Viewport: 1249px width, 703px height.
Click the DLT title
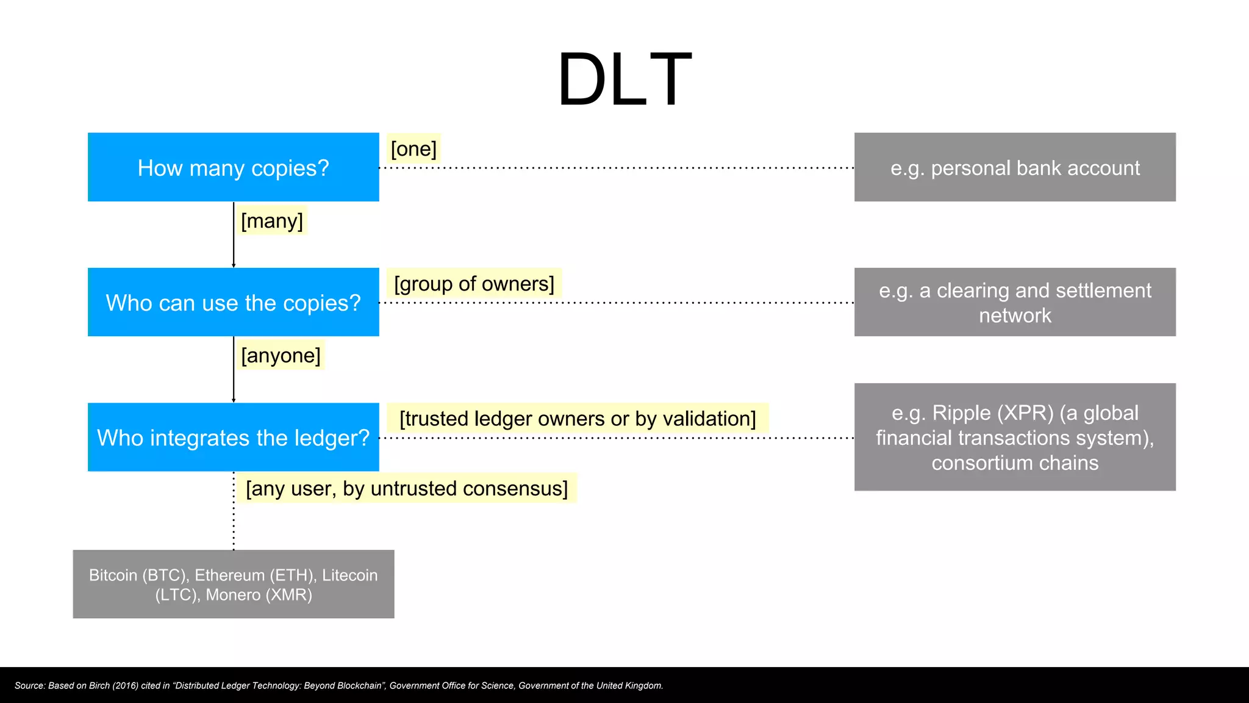point(624,80)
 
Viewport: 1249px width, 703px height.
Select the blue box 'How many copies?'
point(233,167)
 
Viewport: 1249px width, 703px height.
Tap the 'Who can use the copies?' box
point(233,302)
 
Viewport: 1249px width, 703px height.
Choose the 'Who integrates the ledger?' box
point(233,437)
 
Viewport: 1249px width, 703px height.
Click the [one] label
point(413,149)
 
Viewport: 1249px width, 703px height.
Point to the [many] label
point(272,221)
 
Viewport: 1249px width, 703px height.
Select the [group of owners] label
point(474,284)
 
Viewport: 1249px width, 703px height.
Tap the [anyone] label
point(281,355)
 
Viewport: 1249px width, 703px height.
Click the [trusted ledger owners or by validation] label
point(577,419)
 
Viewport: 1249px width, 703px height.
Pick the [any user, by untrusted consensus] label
point(406,488)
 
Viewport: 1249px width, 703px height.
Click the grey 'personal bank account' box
point(1015,167)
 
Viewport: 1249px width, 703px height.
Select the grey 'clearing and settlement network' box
point(1015,302)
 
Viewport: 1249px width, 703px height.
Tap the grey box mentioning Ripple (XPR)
point(1015,437)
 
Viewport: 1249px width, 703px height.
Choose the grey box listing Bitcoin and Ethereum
point(233,584)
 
